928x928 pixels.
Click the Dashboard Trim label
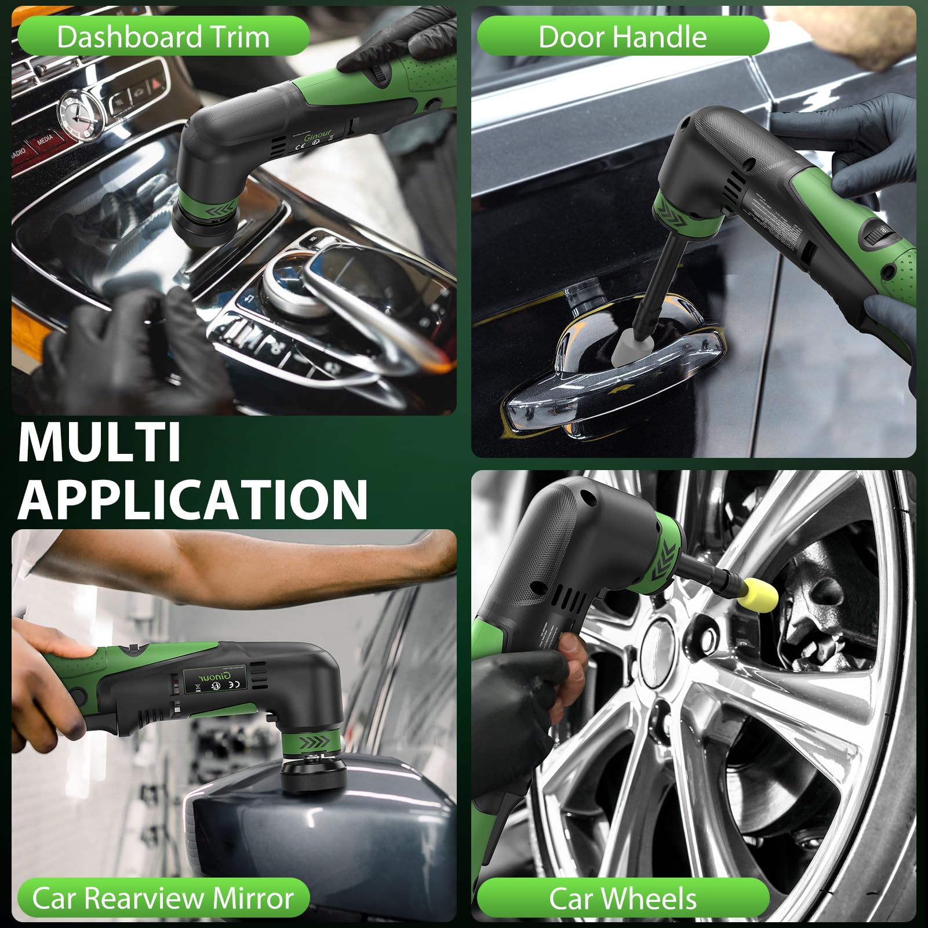(x=163, y=37)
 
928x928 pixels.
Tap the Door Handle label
(x=623, y=37)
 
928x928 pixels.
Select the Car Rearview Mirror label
(x=163, y=898)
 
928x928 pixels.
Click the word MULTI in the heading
(x=100, y=443)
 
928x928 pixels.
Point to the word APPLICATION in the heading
(x=194, y=499)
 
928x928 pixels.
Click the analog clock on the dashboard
(x=81, y=116)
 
